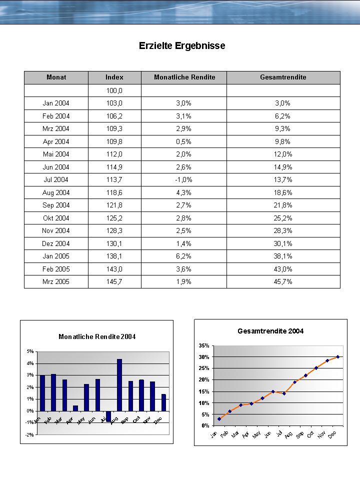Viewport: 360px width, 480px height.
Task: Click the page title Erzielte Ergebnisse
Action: [x=182, y=45]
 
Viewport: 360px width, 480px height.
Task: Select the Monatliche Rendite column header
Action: [x=184, y=77]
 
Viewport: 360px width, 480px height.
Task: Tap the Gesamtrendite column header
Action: [x=283, y=77]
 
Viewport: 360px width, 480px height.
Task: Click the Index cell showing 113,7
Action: [x=114, y=179]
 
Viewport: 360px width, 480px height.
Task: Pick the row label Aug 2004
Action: [x=56, y=192]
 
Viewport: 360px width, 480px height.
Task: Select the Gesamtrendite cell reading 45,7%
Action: [x=283, y=281]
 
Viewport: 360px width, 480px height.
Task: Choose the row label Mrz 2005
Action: [x=56, y=281]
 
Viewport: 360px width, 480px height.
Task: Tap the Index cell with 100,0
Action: [x=114, y=90]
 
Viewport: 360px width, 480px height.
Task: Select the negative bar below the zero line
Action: [x=108, y=416]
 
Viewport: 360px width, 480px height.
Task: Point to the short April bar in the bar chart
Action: [x=75, y=408]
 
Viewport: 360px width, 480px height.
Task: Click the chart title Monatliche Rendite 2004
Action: [x=97, y=336]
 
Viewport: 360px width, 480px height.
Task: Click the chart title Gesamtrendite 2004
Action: [x=270, y=331]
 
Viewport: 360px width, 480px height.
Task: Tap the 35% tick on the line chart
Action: [x=203, y=345]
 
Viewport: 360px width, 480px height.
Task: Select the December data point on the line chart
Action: [x=338, y=357]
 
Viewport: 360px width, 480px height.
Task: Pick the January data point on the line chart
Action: [x=219, y=419]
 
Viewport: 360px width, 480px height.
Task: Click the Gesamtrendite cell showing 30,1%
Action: [x=283, y=243]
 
